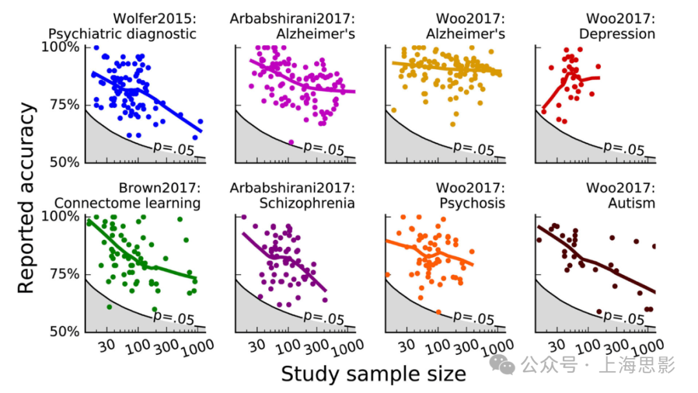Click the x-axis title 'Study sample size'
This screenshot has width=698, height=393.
pos(373,374)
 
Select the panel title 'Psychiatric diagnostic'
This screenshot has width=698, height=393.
pos(122,34)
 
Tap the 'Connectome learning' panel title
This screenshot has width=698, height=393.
pos(127,203)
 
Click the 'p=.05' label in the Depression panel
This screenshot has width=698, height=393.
pos(624,148)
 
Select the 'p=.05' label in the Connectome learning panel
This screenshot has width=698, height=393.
pos(174,317)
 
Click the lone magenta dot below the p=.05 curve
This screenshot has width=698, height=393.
pos(291,142)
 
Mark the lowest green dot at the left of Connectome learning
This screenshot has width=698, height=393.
pos(109,306)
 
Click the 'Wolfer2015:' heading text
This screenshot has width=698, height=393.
pos(154,17)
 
